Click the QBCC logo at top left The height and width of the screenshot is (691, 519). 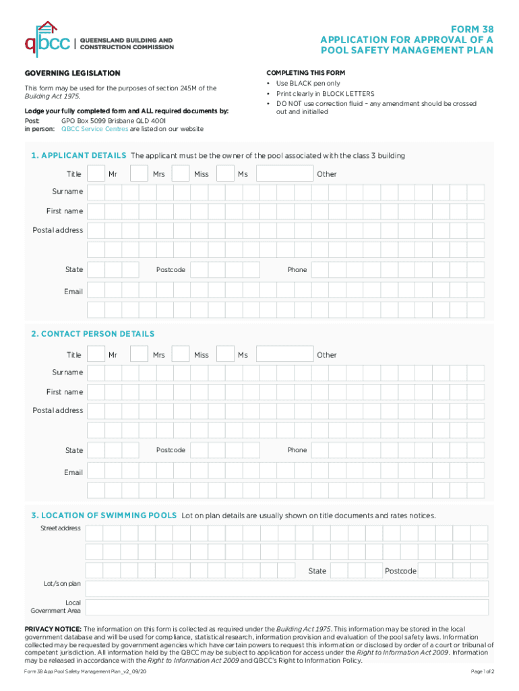pos(47,39)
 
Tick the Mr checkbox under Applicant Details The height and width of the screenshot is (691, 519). pos(96,174)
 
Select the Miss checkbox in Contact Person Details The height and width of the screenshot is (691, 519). pos(180,355)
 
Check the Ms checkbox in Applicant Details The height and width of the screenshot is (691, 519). pos(225,174)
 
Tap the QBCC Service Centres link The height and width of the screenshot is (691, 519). pos(94,129)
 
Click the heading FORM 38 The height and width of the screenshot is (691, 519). pos(474,29)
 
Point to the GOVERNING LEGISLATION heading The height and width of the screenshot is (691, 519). pos(73,73)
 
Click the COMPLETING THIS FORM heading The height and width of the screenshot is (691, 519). pos(306,73)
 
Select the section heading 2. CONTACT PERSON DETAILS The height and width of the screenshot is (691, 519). pos(92,334)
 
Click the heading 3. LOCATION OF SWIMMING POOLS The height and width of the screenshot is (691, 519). pos(104,516)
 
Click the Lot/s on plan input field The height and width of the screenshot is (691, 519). pos(286,589)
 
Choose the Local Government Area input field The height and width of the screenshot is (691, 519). pos(286,607)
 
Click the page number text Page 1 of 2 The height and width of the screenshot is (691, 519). pos(482,672)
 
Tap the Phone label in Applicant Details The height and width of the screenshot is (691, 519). pos(297,270)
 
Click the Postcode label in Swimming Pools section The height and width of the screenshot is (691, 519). pos(400,572)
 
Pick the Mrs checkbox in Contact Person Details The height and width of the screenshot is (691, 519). pos(139,355)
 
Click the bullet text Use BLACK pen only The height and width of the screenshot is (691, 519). pos(308,84)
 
